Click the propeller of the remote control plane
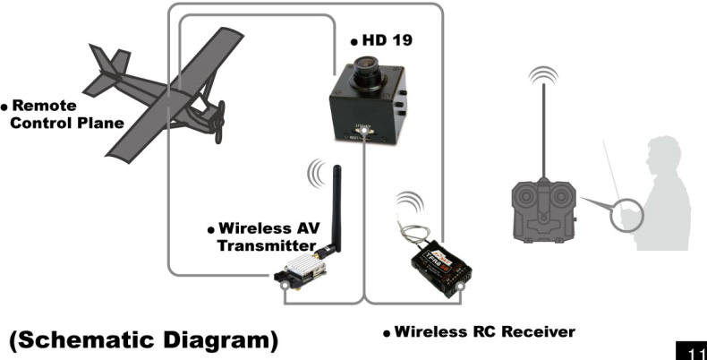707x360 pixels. (x=217, y=120)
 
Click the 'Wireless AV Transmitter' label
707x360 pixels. (x=263, y=236)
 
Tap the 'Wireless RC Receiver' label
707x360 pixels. (x=484, y=332)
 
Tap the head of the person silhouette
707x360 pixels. (x=666, y=151)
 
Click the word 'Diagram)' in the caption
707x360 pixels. (x=227, y=341)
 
